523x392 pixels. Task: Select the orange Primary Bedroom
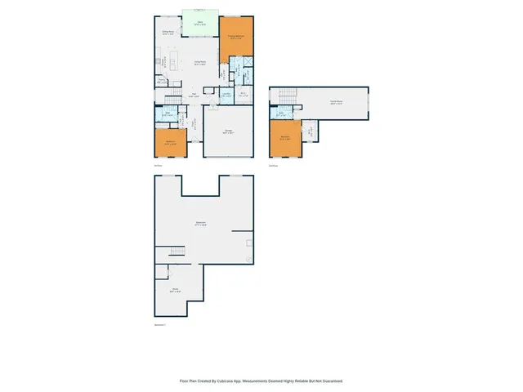coord(237,39)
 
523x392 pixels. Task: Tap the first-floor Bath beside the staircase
coord(167,115)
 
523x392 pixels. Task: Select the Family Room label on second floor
coord(336,102)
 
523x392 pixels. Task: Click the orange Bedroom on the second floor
coord(285,139)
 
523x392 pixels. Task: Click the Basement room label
coord(200,224)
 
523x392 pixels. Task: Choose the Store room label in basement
coord(175,290)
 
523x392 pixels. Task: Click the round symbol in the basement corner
coord(248,259)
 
